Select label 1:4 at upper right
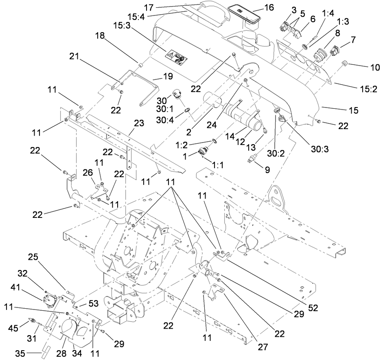click(328, 13)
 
